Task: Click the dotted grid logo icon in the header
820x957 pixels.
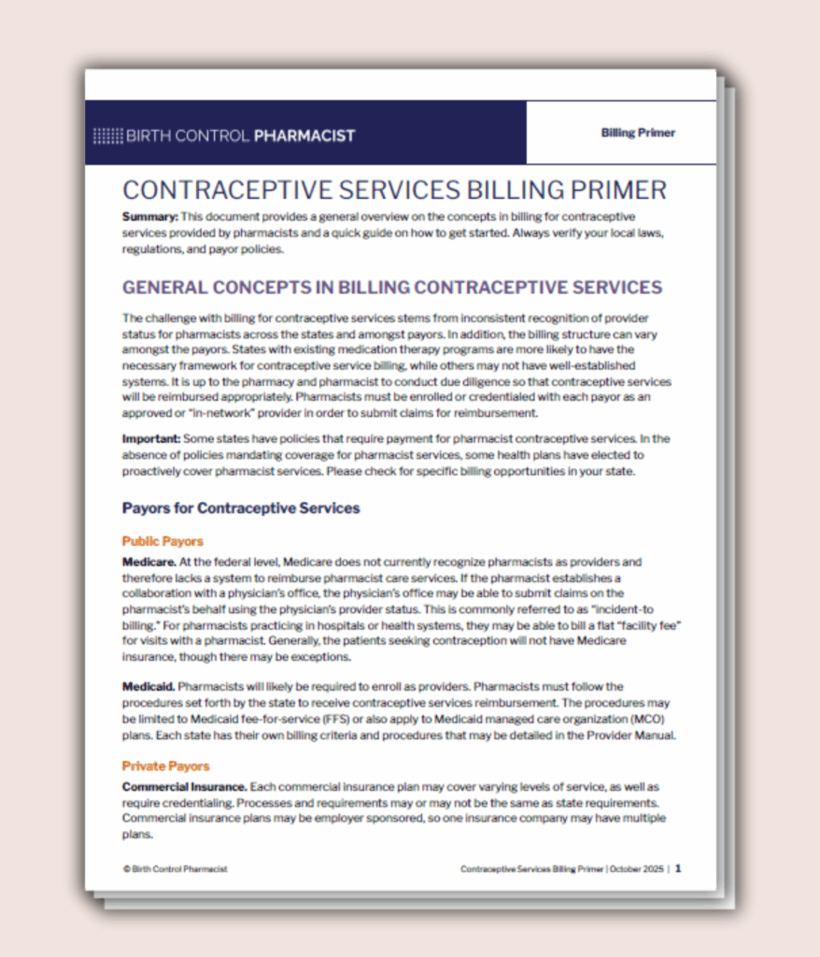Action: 107,136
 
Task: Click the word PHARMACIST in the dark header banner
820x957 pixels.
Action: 305,136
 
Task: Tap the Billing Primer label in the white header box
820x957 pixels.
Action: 638,133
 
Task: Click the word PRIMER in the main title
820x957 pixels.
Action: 614,191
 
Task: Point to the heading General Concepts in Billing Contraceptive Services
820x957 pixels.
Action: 391,287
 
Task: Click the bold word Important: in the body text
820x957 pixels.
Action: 151,438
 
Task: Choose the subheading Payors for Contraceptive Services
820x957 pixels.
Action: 240,508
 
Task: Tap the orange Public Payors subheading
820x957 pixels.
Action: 163,541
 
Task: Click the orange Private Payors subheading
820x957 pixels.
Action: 165,766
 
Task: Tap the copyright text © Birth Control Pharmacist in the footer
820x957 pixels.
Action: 175,869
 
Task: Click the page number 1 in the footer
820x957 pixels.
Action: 678,868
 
